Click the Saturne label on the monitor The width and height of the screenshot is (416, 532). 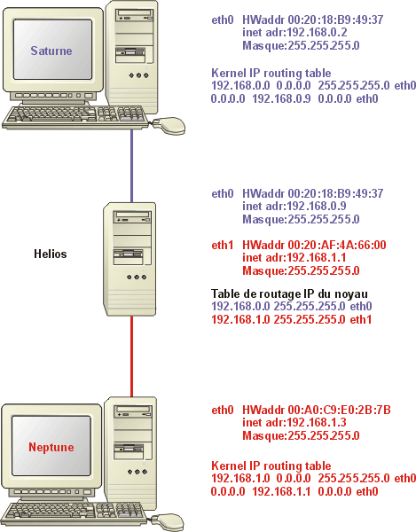tap(51, 51)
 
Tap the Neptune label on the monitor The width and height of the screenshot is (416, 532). tap(51, 447)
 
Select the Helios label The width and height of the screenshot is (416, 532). tap(51, 254)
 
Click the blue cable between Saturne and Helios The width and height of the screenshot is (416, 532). tap(131, 166)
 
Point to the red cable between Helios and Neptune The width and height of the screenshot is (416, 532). tap(131, 356)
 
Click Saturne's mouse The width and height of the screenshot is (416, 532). tap(169, 126)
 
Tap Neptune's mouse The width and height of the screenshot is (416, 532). tap(167, 522)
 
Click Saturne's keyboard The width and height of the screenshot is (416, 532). tap(75, 117)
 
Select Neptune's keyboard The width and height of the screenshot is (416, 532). tap(75, 514)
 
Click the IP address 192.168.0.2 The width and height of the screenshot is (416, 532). tap(317, 33)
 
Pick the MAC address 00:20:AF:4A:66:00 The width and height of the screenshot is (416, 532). tap(337, 245)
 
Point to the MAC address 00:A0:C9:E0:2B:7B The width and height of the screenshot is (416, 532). tap(340, 410)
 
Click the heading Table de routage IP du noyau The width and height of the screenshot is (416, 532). tap(289, 293)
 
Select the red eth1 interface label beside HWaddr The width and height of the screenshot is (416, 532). tap(223, 245)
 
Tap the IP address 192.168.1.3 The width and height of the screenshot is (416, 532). tap(317, 423)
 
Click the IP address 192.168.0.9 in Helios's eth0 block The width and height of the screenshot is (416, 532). tap(317, 207)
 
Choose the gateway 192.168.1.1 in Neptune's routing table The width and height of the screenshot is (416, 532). tap(281, 491)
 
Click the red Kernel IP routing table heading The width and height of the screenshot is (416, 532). tap(271, 465)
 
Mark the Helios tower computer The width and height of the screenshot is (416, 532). tap(130, 259)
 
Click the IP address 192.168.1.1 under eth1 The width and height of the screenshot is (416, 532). tap(317, 258)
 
